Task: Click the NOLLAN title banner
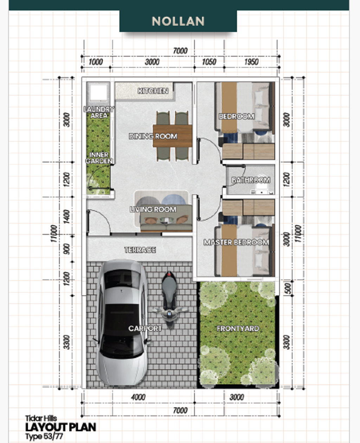[178, 21]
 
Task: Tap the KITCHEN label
[153, 91]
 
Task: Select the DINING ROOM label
[153, 136]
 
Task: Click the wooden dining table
[172, 136]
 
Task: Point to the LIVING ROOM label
[153, 209]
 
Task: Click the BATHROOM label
[251, 180]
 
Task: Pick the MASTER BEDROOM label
[236, 242]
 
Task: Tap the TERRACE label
[140, 250]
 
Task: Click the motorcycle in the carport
[170, 300]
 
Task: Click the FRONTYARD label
[238, 329]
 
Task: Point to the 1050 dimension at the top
[209, 62]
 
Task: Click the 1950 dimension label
[251, 62]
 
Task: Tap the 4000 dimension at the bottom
[139, 398]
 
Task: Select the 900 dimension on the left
[67, 249]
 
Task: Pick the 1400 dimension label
[67, 217]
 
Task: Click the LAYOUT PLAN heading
[61, 427]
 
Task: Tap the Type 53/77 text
[44, 436]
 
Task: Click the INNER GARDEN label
[99, 158]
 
